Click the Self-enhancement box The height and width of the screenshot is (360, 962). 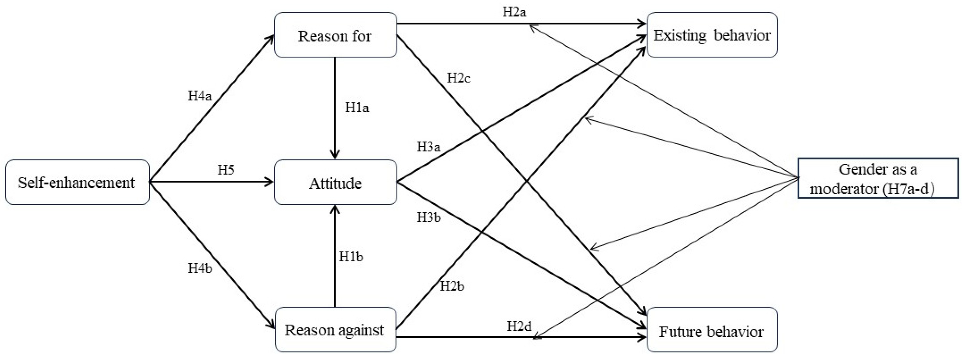pos(77,182)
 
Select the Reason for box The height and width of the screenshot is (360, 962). pos(335,35)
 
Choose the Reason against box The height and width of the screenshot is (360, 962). pos(335,330)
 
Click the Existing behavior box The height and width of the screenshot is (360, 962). pos(712,35)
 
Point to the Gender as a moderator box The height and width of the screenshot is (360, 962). pos(878,179)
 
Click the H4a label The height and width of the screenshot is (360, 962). pos(200,96)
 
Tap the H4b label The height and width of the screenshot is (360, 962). pos(200,268)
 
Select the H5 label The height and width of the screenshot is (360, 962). pos(226,170)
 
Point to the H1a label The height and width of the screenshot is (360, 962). pos(357,108)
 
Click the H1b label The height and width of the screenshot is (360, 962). pos(351,257)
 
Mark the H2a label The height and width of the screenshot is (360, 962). pos(514,12)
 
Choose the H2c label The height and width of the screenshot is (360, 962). pos(459,78)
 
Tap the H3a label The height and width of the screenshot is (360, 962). pos(428,147)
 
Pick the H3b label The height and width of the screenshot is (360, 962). pos(429,217)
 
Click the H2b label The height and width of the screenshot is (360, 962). pos(452,286)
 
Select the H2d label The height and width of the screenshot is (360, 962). pos(519,326)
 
